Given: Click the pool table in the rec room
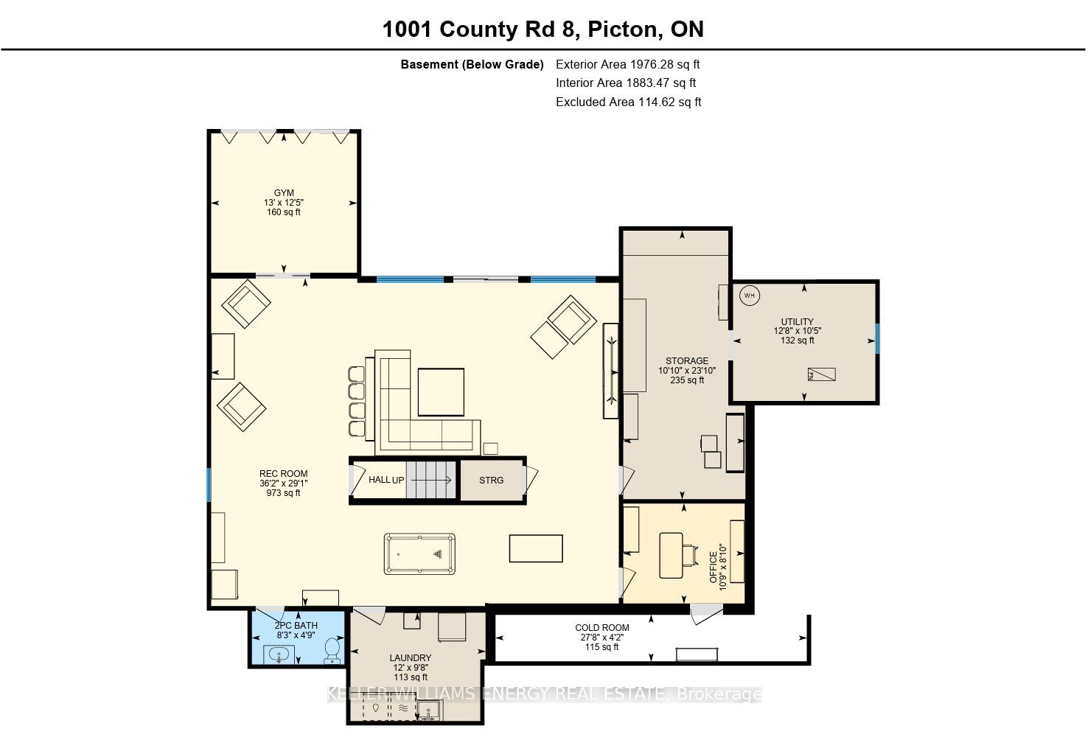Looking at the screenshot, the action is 419,554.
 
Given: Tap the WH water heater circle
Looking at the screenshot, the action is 750,296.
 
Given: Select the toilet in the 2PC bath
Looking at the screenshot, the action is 332,649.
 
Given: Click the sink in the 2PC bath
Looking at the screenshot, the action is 279,655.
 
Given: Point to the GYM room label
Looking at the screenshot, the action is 284,193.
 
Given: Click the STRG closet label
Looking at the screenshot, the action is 491,481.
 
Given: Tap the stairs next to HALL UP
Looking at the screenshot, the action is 431,480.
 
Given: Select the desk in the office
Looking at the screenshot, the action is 672,555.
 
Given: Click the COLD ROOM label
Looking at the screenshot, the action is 601,627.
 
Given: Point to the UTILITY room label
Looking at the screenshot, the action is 797,321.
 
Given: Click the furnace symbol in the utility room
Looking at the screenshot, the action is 821,374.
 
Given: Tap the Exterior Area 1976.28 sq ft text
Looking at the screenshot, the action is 627,64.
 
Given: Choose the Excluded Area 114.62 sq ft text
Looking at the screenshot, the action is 629,102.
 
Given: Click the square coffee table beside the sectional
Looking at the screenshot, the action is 441,392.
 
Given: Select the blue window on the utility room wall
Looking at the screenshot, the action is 877,338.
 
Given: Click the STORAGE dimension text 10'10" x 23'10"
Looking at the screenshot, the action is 687,371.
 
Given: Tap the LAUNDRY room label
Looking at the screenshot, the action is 411,658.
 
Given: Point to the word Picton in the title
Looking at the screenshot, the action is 622,29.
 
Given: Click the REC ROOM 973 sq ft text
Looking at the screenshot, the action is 283,493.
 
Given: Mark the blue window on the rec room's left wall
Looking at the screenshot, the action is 209,484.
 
